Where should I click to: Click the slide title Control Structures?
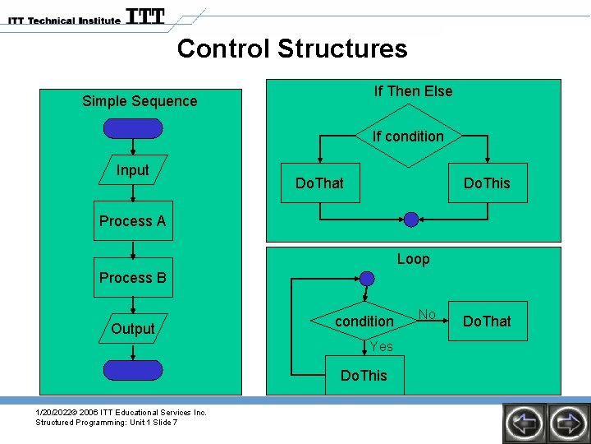[x=291, y=49]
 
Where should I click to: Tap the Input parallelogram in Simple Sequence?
[x=132, y=170]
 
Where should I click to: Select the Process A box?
[x=133, y=220]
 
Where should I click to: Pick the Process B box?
[x=133, y=278]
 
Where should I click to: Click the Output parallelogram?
[x=132, y=329]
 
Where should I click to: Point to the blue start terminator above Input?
[x=133, y=128]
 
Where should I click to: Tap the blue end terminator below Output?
[x=133, y=370]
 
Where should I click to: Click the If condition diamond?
[x=408, y=136]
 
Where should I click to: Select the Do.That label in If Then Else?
[x=319, y=183]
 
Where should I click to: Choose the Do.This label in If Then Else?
[x=487, y=183]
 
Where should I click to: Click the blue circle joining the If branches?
[x=411, y=219]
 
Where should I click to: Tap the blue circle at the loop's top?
[x=367, y=279]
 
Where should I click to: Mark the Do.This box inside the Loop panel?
[x=363, y=376]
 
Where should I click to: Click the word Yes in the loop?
[x=381, y=347]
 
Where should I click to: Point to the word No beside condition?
[x=427, y=314]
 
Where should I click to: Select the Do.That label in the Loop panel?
[x=487, y=321]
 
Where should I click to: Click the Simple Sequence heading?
[x=140, y=101]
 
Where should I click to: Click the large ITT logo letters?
[x=145, y=16]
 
